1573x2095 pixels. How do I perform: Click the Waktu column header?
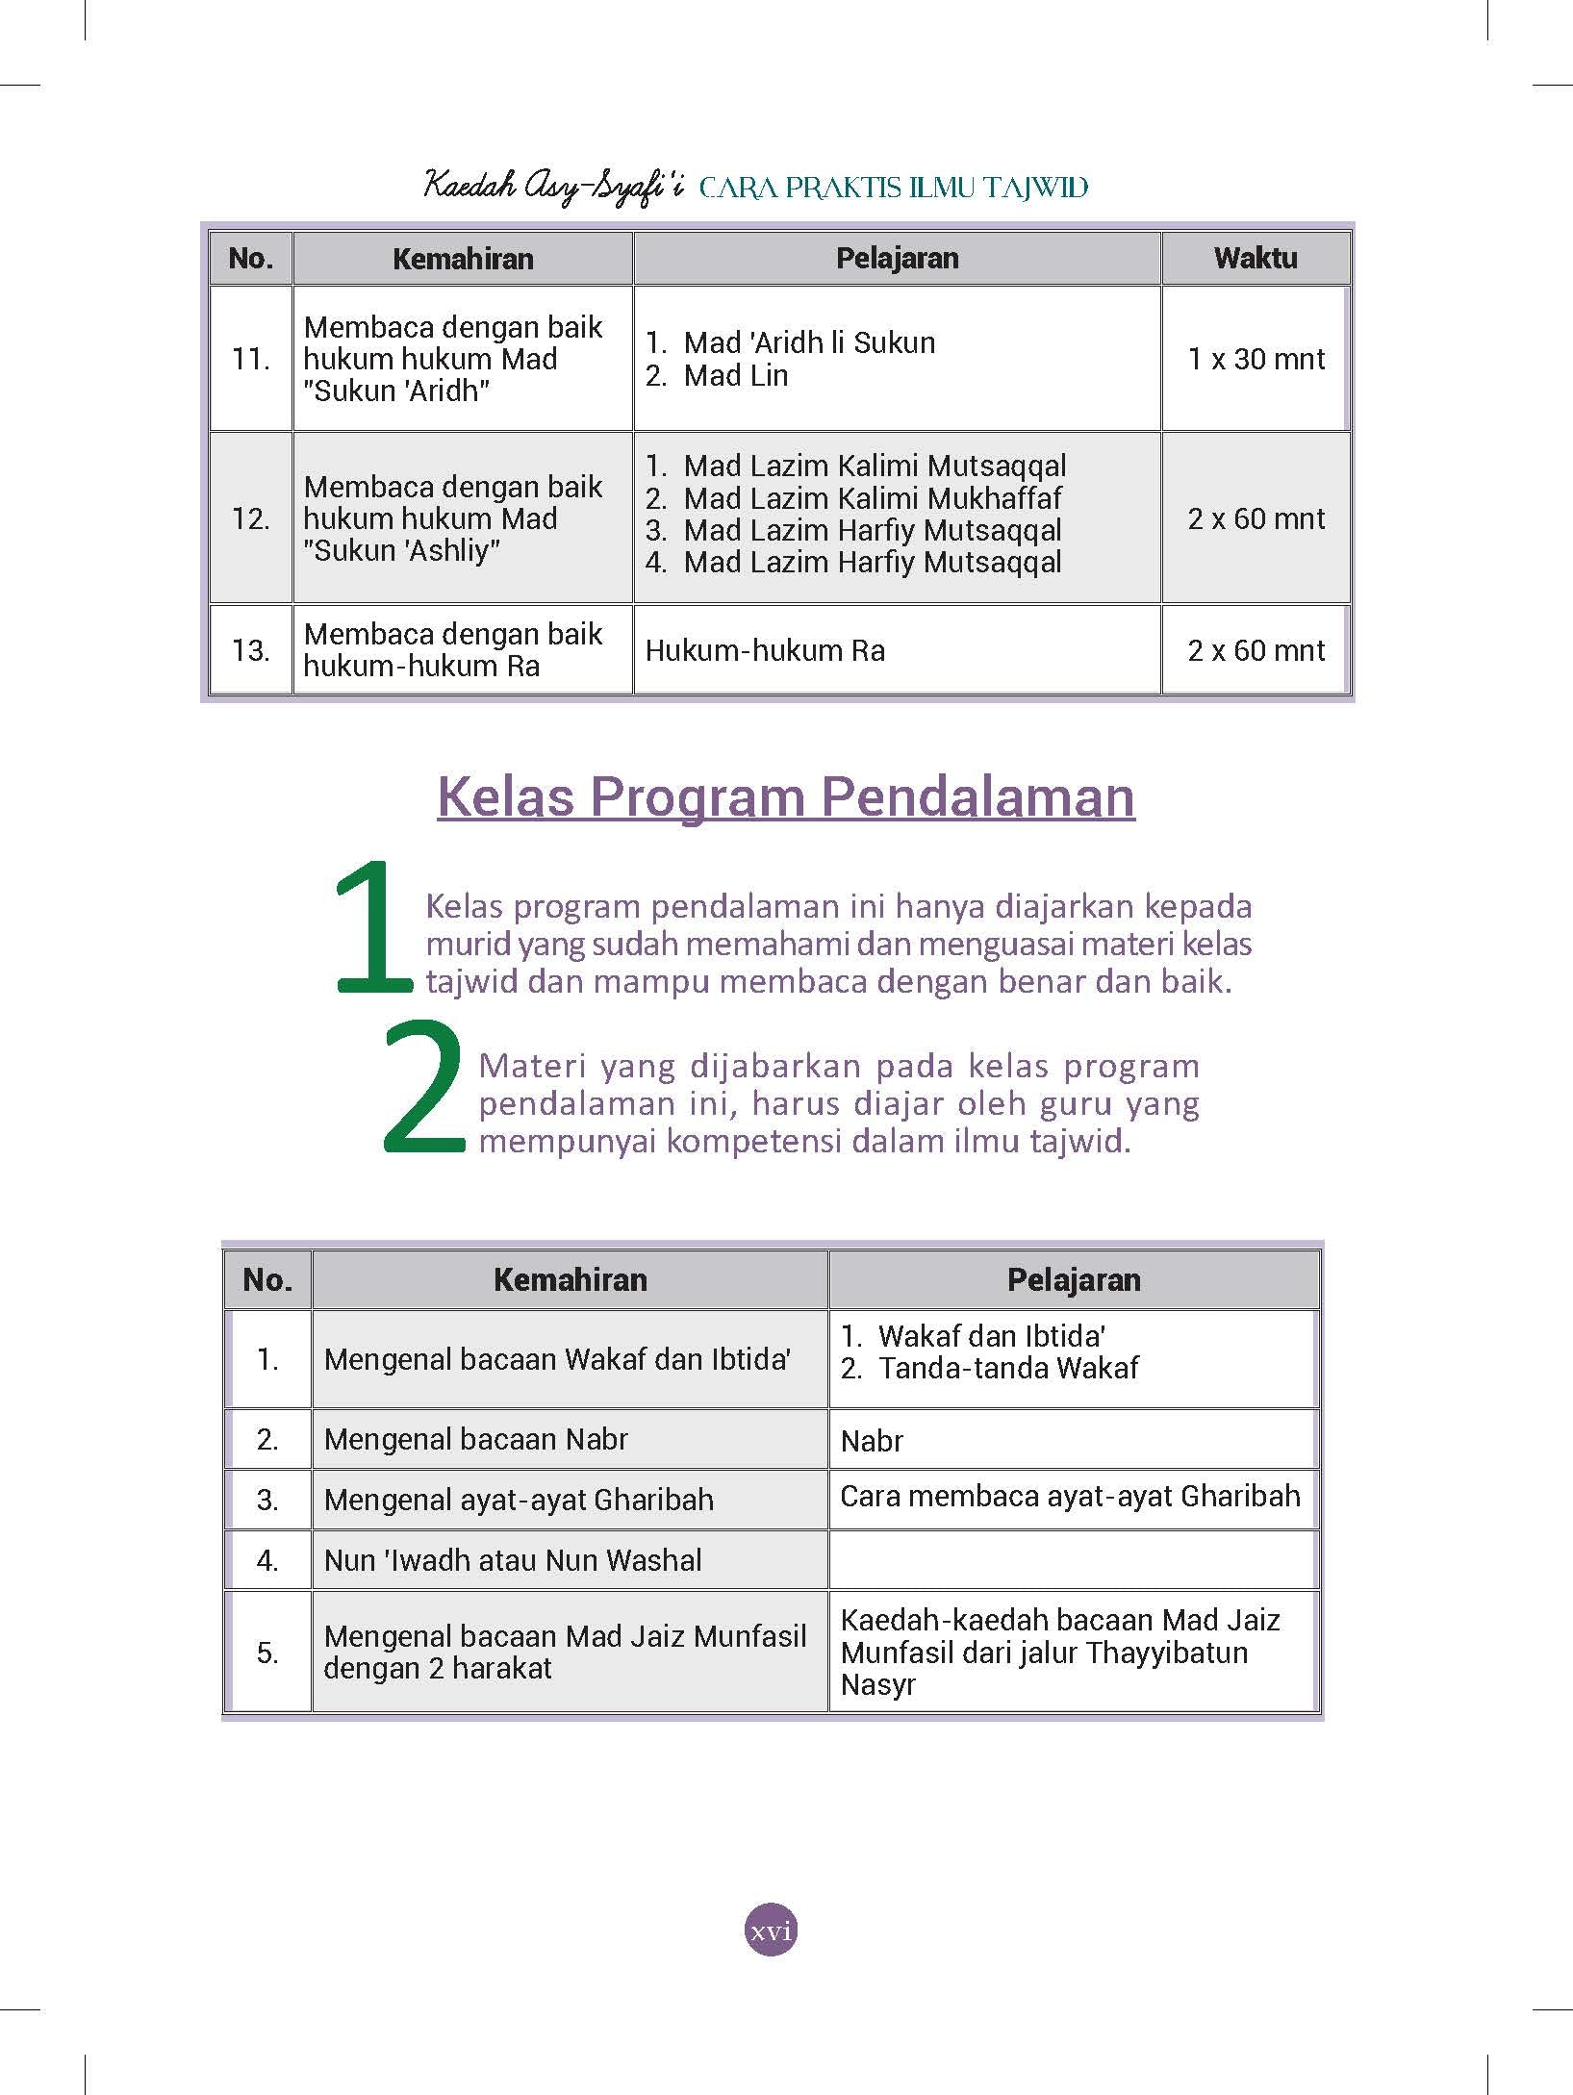(x=1255, y=258)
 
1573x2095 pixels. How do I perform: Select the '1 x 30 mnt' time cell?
(x=1256, y=359)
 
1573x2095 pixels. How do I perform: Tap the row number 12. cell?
(x=250, y=518)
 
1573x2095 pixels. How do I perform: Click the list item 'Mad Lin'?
(x=735, y=376)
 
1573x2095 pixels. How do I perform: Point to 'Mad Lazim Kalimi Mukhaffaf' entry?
(x=872, y=498)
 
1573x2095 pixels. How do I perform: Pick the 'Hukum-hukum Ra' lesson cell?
(x=765, y=650)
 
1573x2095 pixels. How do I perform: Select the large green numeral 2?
(x=423, y=1087)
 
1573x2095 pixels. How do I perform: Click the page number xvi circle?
(x=771, y=1930)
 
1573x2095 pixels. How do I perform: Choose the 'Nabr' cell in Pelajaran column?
(x=872, y=1441)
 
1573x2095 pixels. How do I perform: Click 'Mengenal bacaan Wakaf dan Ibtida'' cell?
(x=558, y=1359)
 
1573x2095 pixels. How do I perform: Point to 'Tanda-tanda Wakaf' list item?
(x=1007, y=1368)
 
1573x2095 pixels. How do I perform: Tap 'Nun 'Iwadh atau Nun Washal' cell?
(x=513, y=1560)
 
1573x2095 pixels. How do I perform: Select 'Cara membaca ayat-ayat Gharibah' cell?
(x=1070, y=1497)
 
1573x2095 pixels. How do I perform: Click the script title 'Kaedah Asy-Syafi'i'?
(x=553, y=186)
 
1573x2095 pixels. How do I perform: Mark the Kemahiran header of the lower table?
(x=570, y=1279)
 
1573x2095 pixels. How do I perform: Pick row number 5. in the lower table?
(x=267, y=1653)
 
